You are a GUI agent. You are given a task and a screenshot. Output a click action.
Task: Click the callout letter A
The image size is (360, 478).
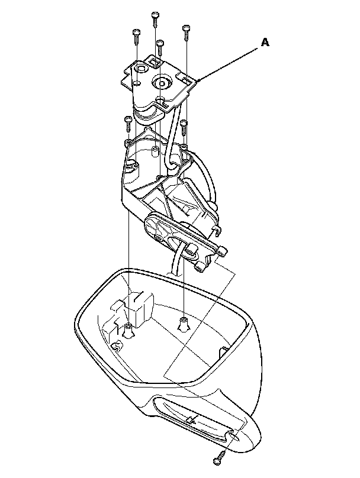tap(265, 42)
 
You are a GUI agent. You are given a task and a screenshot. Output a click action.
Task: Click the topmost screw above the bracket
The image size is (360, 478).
tap(155, 18)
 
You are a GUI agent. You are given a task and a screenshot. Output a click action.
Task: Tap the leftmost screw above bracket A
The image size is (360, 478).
tap(136, 35)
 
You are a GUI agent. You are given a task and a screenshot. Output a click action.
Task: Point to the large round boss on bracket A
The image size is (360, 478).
tap(160, 83)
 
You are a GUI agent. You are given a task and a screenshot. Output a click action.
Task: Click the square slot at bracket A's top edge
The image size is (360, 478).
tap(155, 61)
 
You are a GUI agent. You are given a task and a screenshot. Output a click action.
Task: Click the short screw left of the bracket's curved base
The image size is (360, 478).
tap(127, 124)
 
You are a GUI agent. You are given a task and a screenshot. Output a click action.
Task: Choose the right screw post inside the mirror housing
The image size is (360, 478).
tap(183, 323)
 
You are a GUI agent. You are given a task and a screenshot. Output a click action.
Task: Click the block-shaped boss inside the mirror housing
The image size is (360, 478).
tap(137, 308)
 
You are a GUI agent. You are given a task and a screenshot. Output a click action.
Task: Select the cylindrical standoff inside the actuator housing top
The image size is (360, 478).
tap(154, 153)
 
